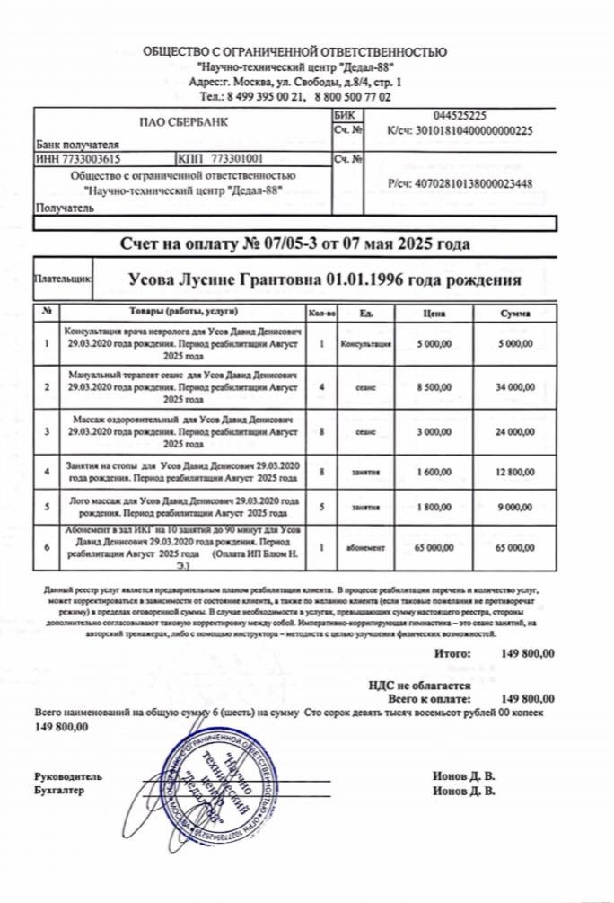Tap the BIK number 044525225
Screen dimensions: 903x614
[459, 116]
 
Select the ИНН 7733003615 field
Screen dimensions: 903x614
[77, 158]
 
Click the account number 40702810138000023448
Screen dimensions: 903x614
[460, 184]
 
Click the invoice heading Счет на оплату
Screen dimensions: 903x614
[294, 243]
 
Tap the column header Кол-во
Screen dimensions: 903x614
[320, 313]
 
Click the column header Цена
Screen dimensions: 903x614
[434, 313]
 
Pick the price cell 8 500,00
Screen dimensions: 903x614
[434, 387]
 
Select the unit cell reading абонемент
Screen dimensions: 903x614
[366, 546]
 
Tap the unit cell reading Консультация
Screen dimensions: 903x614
[366, 343]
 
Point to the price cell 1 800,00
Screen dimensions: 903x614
[434, 507]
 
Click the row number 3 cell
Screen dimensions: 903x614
[46, 431]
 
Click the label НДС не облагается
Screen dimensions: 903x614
[420, 684]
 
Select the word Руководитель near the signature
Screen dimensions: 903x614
[68, 776]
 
